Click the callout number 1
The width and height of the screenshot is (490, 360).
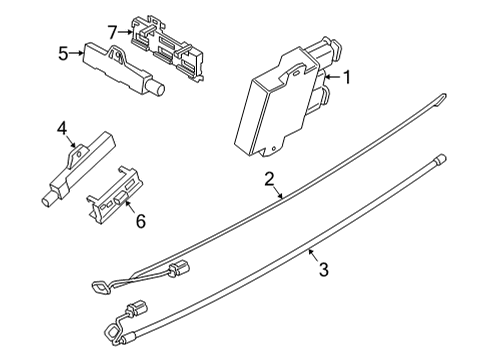(x=347, y=76)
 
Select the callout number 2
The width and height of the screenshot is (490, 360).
(x=268, y=180)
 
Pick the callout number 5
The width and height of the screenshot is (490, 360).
(x=62, y=54)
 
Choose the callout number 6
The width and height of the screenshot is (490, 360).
(x=140, y=221)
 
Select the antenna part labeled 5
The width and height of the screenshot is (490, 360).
(x=120, y=65)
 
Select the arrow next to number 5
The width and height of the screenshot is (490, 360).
(x=78, y=54)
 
